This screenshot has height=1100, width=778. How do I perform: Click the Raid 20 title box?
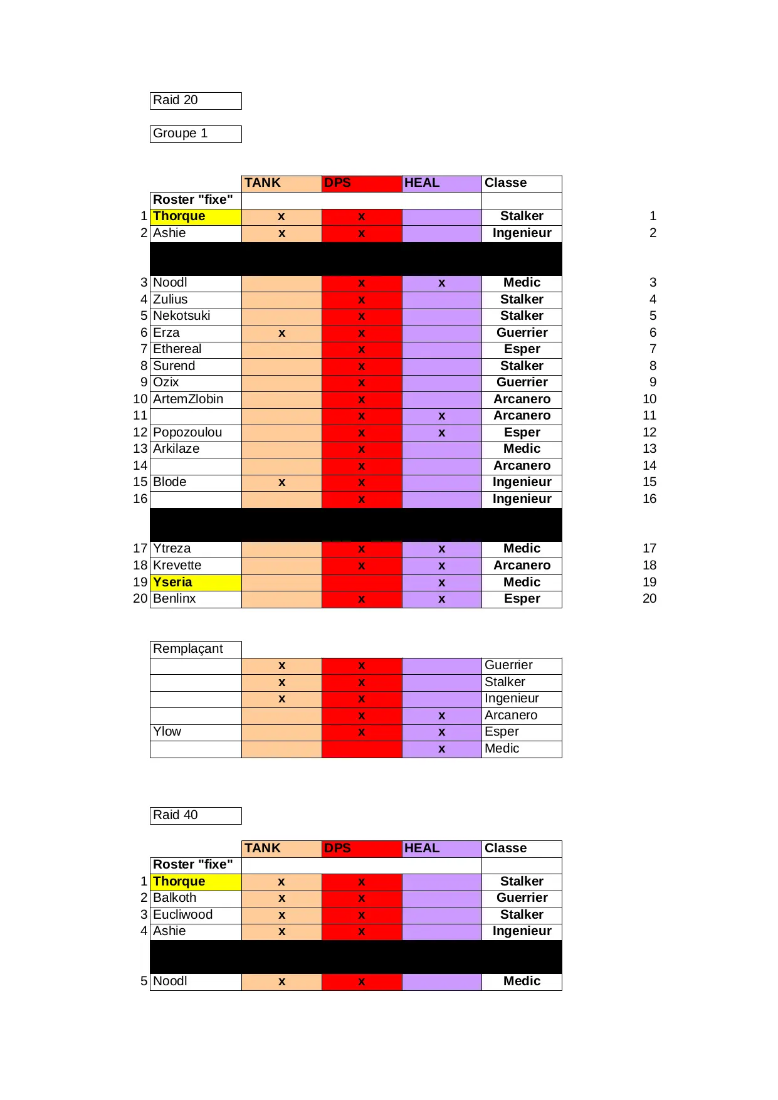[196, 100]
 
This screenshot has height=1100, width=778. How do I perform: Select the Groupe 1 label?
[196, 134]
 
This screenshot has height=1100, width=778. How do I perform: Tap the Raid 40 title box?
[196, 815]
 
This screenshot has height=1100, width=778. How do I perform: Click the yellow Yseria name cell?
[196, 583]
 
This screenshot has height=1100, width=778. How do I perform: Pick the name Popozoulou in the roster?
[187, 433]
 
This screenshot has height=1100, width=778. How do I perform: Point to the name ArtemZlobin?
[188, 399]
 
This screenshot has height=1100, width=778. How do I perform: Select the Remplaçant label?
[188, 649]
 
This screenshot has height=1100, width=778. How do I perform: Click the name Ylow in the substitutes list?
[167, 732]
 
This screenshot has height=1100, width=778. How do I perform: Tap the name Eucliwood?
[183, 915]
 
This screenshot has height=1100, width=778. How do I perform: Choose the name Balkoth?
[175, 898]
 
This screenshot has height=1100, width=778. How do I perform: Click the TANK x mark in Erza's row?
[281, 333]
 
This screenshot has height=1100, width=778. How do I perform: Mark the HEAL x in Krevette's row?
[442, 566]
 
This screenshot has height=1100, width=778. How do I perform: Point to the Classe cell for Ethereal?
[522, 349]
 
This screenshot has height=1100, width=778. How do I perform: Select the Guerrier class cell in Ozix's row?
[522, 383]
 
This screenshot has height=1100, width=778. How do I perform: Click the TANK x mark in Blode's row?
[281, 482]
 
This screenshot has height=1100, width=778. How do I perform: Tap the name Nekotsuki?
[182, 316]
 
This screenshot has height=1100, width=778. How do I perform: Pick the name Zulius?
[171, 300]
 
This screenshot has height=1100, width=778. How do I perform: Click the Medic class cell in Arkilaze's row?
[522, 449]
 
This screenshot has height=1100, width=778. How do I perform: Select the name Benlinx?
[175, 599]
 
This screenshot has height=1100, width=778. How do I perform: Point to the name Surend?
[174, 366]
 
